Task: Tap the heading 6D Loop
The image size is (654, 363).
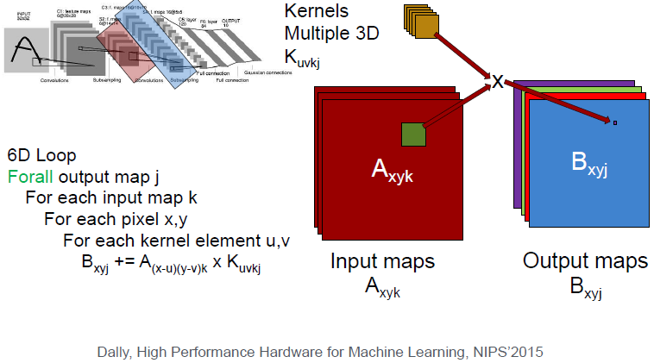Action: coord(41,156)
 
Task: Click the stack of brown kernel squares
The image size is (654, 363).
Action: coord(420,22)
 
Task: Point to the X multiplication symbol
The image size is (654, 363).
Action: coord(497,82)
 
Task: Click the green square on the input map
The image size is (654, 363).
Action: coord(413,135)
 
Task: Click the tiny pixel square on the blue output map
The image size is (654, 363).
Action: coord(614,123)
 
